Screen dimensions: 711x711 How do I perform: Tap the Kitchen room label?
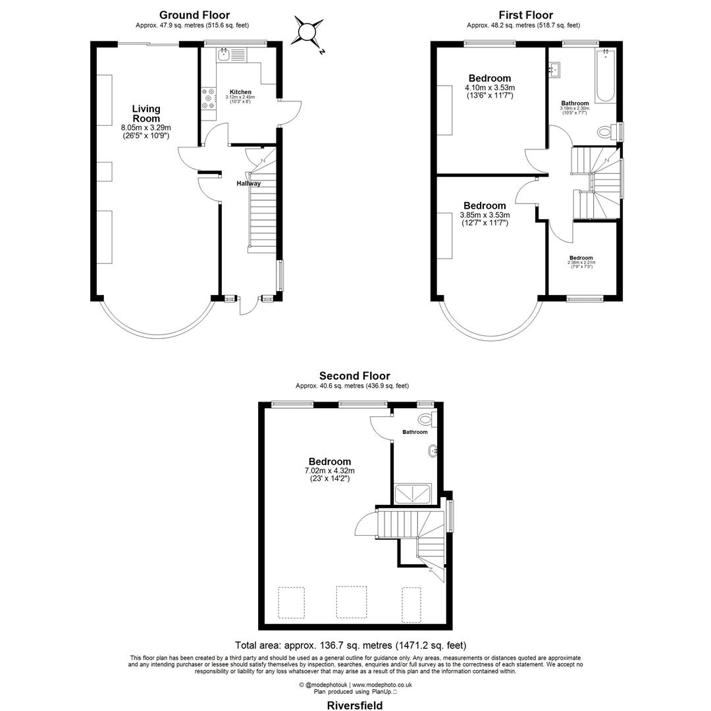pos(240,92)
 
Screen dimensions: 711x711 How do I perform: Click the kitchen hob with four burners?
pos(209,99)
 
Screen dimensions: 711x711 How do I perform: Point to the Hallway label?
pos(249,184)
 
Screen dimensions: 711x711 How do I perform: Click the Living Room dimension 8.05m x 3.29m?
pos(146,128)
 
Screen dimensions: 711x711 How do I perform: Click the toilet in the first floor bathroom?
pos(604,132)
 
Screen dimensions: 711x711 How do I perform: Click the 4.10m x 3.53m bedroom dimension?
pos(490,88)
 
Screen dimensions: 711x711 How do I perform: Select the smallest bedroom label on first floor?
pos(581,258)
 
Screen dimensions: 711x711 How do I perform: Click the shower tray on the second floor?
pos(413,493)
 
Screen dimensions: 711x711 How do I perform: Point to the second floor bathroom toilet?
pos(425,419)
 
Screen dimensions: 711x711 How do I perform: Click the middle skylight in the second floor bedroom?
pos(351,602)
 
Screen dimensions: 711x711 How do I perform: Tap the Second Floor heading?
pos(354,376)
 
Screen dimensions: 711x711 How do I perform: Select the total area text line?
pos(350,645)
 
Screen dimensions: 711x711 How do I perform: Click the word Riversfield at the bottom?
pos(355,705)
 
